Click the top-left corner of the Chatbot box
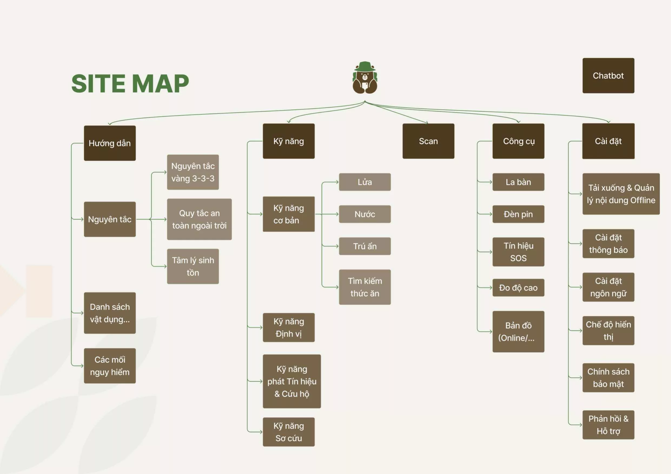[583, 58]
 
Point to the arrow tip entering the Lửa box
[338, 182]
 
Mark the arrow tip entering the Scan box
[428, 123]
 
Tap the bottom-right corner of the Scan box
[454, 159]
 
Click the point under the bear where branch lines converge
[365, 101]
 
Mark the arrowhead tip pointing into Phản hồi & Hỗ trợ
[582, 425]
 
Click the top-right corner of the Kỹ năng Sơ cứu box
[315, 417]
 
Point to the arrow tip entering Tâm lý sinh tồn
[167, 266]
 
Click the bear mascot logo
[365, 78]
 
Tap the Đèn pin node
[518, 214]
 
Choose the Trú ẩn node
[365, 246]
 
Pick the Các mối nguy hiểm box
[110, 366]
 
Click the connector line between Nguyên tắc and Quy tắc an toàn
[151, 219]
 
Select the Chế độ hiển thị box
[608, 330]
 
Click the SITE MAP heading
[130, 84]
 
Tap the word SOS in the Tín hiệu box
[518, 258]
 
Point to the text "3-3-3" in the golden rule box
[203, 178]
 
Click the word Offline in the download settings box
[643, 200]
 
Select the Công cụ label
[519, 141]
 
